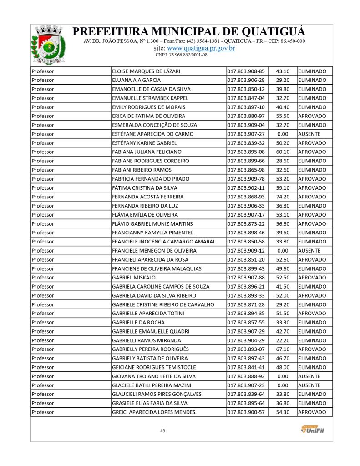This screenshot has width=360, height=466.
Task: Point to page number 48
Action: click(x=162, y=431)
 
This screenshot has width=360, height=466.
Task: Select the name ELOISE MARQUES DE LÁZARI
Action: click(x=146, y=71)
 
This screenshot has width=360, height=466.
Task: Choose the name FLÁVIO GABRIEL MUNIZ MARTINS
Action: click(x=152, y=224)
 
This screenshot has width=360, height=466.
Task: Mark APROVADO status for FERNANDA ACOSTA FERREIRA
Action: click(x=312, y=197)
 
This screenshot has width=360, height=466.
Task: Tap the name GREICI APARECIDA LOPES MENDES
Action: click(x=154, y=412)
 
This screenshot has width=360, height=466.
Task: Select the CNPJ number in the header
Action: click(x=181, y=55)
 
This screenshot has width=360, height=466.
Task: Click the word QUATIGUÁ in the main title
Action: click(x=271, y=32)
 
